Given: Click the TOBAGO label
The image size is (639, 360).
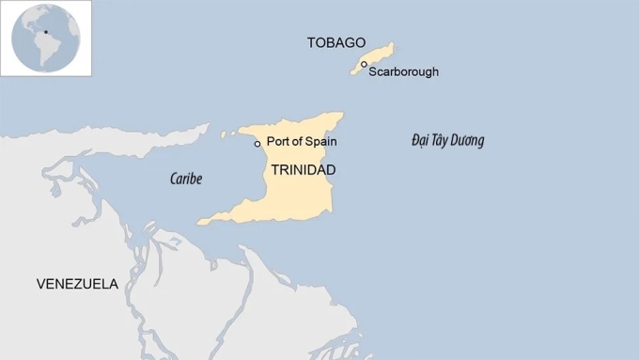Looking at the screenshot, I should pyautogui.click(x=335, y=42).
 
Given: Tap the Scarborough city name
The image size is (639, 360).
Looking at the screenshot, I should pyautogui.click(x=403, y=71).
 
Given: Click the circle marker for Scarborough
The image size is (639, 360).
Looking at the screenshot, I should pyautogui.click(x=365, y=65).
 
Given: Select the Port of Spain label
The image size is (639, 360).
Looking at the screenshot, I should pyautogui.click(x=301, y=142).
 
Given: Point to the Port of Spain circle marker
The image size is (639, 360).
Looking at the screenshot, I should pyautogui.click(x=257, y=144).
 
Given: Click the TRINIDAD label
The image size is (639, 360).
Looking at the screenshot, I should pyautogui.click(x=303, y=170).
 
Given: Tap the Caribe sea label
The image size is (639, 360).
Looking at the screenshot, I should pyautogui.click(x=186, y=179).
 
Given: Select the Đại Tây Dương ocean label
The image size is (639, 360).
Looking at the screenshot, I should pyautogui.click(x=447, y=141).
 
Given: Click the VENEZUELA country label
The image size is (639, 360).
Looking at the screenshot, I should pyautogui.click(x=77, y=284).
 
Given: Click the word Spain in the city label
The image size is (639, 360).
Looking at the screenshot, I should pyautogui.click(x=320, y=142).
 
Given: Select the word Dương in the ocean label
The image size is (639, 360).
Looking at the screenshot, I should pyautogui.click(x=467, y=141).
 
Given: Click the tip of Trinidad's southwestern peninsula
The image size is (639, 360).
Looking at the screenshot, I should pyautogui.click(x=199, y=223).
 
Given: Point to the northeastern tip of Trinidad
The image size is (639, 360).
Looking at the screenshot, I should pyautogui.click(x=340, y=116).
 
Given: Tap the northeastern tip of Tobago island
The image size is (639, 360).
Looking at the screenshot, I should pyautogui.click(x=391, y=43).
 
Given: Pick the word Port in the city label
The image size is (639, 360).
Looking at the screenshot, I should pyautogui.click(x=277, y=142).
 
